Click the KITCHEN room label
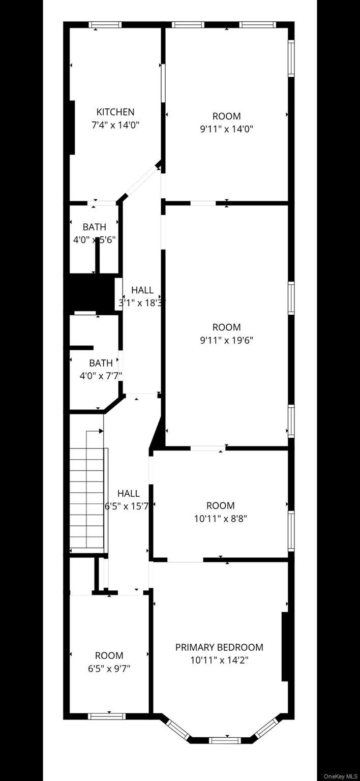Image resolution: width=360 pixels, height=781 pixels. [x=115, y=112]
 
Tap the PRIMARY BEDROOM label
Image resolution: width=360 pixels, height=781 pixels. [x=219, y=647]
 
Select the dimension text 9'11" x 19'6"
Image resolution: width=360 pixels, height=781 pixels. [x=226, y=340]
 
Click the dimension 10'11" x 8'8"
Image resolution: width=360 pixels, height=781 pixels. [x=220, y=519]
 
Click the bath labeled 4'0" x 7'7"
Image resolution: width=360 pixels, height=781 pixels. [x=101, y=363]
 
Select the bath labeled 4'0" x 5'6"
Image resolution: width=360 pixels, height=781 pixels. [x=95, y=227]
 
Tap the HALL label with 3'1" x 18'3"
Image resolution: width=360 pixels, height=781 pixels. [x=142, y=290]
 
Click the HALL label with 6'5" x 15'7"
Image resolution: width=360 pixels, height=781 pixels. [x=128, y=493]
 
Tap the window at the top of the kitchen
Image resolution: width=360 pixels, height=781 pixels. [x=105, y=24]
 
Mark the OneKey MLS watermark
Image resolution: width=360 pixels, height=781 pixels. [x=341, y=776]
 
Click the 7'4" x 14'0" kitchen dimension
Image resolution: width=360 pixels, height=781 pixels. [x=115, y=125]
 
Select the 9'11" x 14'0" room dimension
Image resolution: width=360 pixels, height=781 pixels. [x=226, y=129]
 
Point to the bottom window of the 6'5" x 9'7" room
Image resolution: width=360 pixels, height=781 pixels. [x=106, y=716]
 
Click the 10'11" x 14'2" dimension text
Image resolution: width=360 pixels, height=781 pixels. [x=219, y=660]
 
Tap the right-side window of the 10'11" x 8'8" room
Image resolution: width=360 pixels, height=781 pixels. [x=291, y=531]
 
